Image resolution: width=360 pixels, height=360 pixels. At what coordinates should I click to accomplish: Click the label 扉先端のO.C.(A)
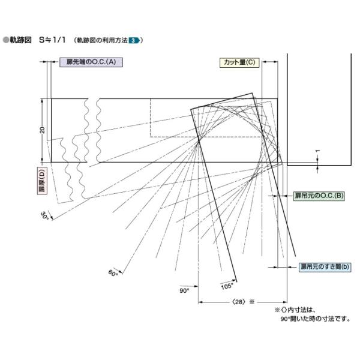click(91, 62)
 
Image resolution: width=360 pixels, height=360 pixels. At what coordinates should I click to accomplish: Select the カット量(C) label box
click(239, 62)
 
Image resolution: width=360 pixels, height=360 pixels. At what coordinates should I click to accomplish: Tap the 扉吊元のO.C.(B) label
click(319, 196)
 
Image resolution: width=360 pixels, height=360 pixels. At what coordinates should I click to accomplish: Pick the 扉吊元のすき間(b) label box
click(325, 267)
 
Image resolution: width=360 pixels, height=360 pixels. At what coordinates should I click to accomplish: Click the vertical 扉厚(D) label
click(42, 181)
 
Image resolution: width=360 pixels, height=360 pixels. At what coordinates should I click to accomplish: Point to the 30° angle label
click(44, 216)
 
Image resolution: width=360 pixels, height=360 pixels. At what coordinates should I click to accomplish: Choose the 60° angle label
click(113, 273)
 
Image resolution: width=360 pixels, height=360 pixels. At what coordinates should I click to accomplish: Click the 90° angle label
click(184, 290)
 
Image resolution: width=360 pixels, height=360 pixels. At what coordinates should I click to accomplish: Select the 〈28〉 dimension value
click(239, 302)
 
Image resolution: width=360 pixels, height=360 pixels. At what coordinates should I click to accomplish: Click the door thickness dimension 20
click(42, 130)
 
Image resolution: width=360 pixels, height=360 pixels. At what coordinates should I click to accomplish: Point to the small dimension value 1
click(317, 151)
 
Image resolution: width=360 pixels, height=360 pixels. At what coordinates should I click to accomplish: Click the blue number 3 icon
click(134, 41)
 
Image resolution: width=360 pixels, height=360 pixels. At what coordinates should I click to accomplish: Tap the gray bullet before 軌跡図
click(6, 40)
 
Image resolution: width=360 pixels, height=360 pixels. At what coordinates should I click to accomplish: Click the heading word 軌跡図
click(20, 40)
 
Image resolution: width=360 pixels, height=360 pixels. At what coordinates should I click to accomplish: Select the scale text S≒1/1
click(52, 40)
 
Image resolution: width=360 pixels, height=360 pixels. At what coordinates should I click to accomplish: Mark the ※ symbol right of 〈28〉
click(252, 302)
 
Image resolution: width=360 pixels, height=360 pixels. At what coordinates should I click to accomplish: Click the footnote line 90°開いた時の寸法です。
click(316, 319)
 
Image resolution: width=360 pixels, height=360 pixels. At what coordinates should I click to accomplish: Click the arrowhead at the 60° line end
click(121, 272)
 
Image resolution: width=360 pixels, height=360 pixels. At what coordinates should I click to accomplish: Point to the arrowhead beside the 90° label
click(196, 286)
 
